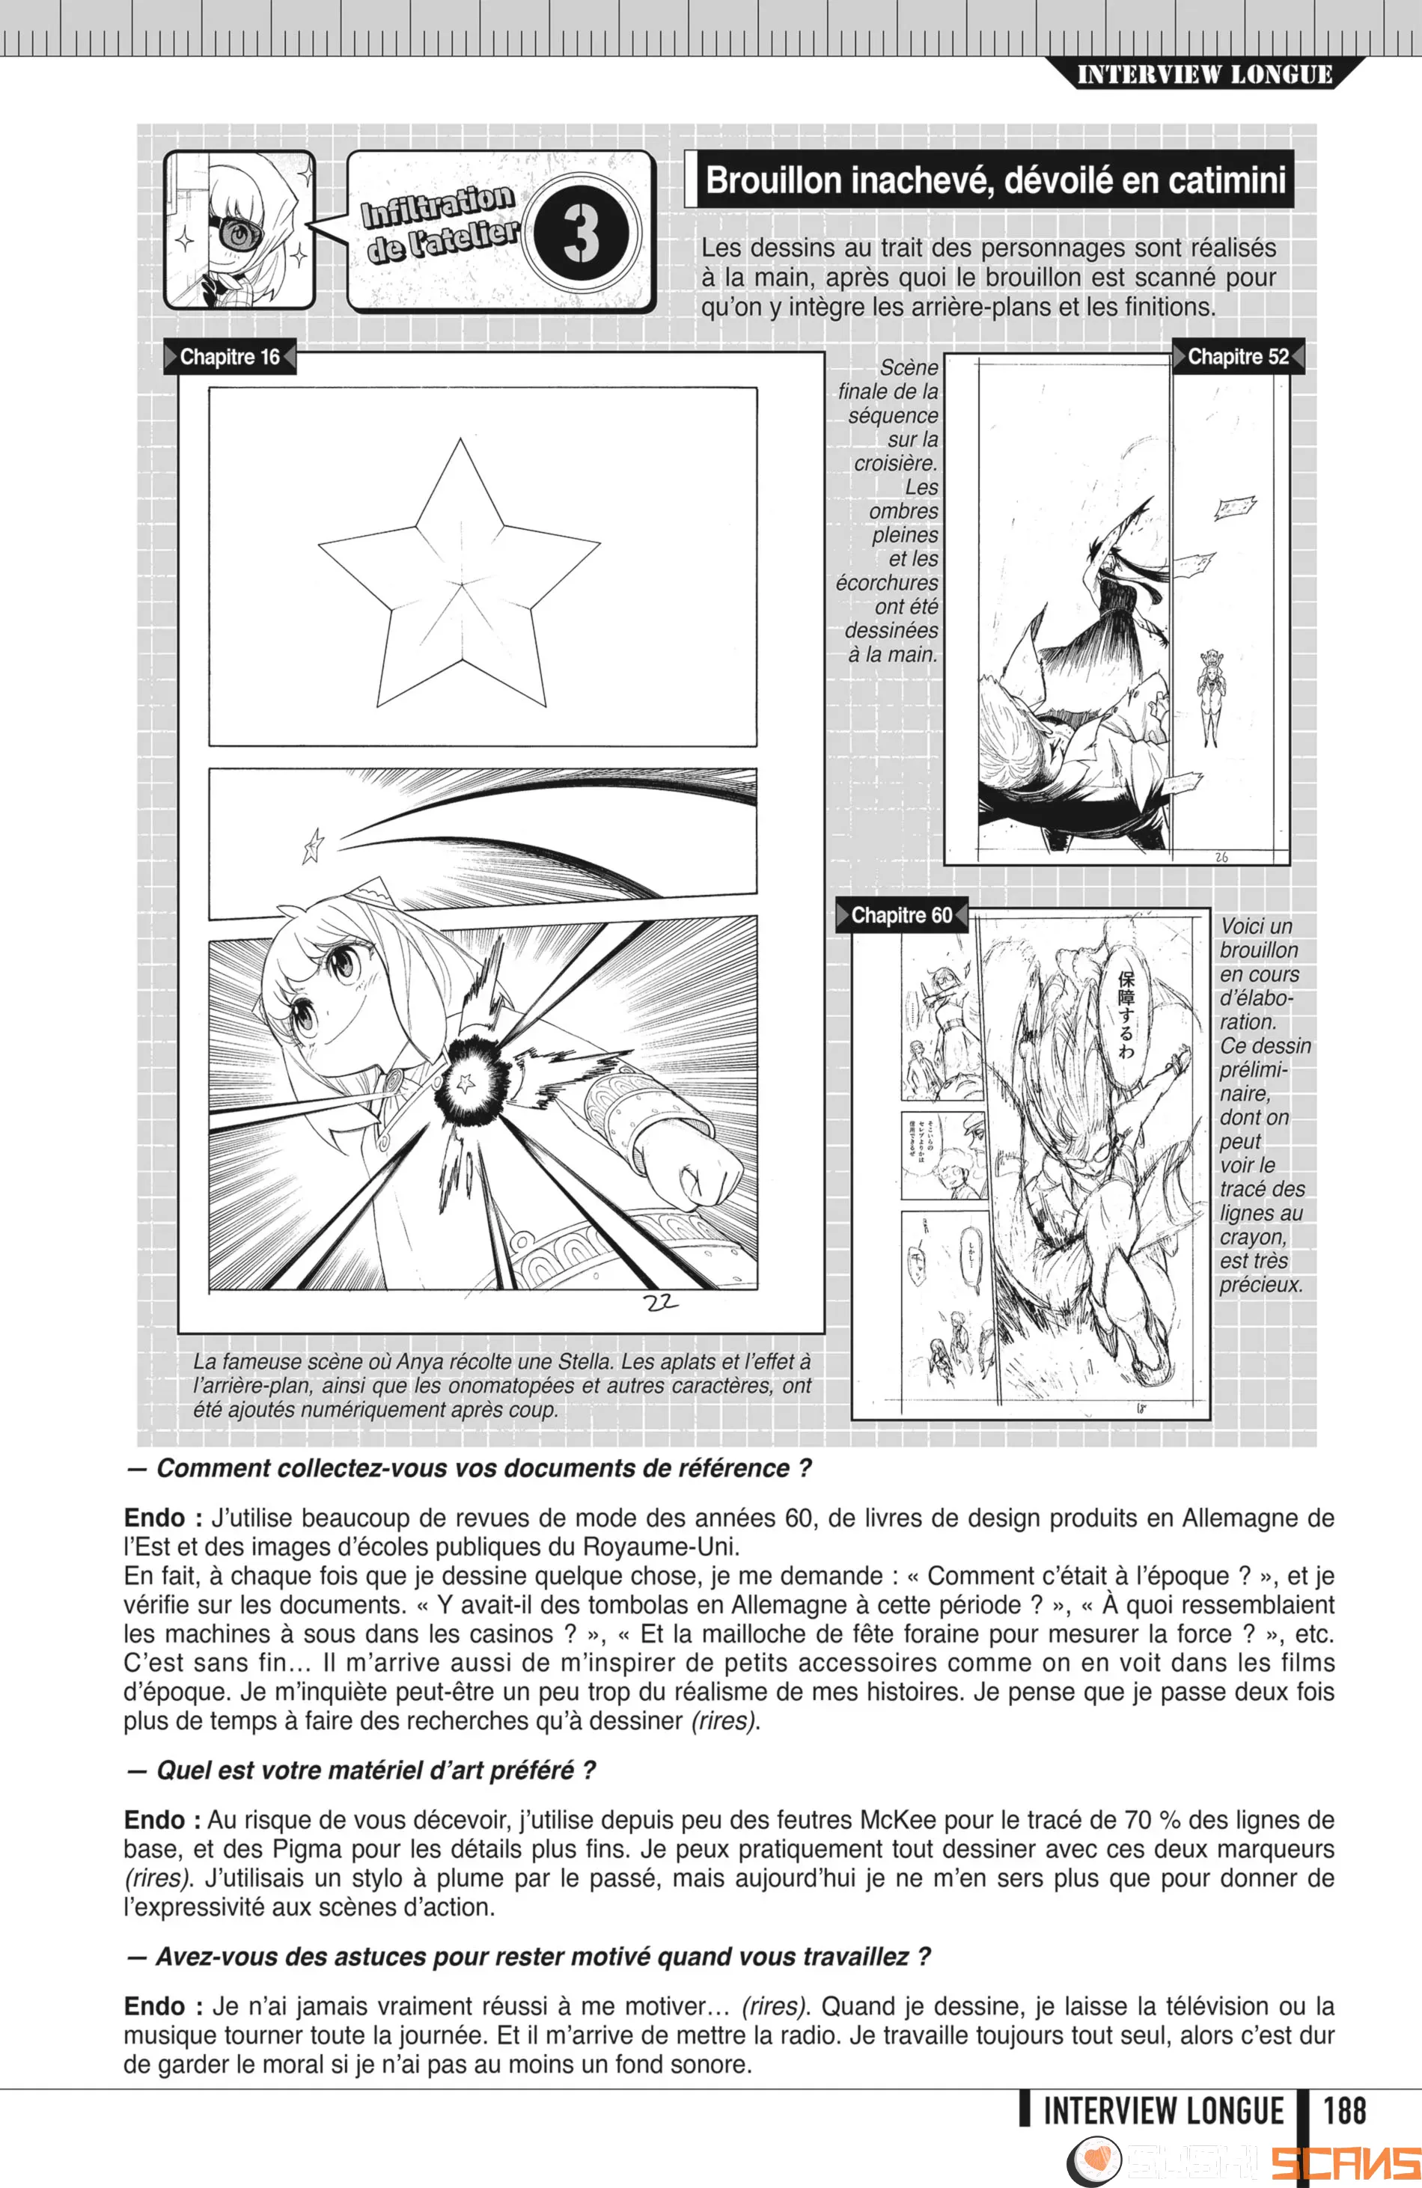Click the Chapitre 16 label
tap(229, 357)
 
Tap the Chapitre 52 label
tap(1237, 357)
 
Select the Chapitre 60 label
tap(901, 916)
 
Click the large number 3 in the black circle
tap(581, 233)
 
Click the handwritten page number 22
tap(661, 1302)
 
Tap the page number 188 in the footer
tap(1344, 2110)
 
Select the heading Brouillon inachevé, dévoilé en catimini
tap(995, 180)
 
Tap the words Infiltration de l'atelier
tap(439, 224)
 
